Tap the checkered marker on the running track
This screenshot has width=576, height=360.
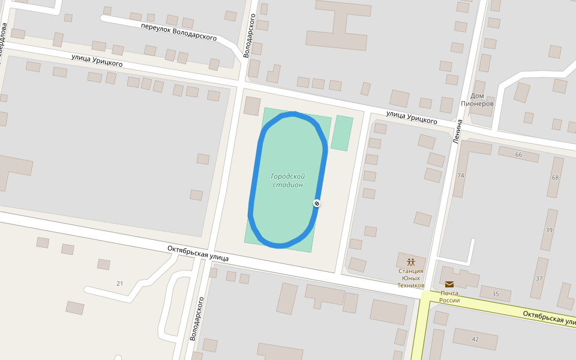[317, 203]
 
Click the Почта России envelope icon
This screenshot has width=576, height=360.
[449, 284]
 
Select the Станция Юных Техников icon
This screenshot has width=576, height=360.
[410, 262]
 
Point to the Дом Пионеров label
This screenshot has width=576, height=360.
[477, 100]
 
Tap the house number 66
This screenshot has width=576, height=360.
[518, 155]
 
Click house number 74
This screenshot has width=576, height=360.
[461, 176]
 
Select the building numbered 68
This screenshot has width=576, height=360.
[555, 178]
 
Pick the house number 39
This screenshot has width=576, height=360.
[549, 230]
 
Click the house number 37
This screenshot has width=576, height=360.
[539, 278]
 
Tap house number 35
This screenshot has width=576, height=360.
[495, 294]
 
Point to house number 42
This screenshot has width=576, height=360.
[475, 340]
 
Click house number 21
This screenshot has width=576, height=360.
[119, 283]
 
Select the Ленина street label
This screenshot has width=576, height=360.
[458, 131]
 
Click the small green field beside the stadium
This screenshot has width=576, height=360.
[342, 133]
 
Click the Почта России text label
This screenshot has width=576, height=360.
[449, 296]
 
